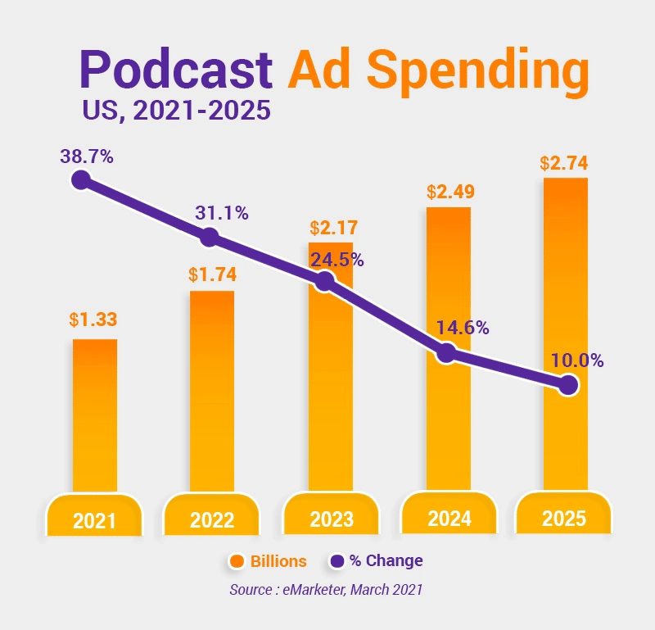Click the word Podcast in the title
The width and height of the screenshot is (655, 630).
[x=175, y=70]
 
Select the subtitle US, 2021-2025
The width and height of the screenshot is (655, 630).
[x=176, y=110]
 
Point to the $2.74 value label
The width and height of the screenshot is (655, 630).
[x=564, y=162]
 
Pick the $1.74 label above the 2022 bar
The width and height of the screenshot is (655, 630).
[x=211, y=274]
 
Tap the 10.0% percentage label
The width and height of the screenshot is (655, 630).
[x=576, y=360]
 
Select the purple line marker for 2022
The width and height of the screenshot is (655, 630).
[x=210, y=238]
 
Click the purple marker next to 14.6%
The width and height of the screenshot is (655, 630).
[x=446, y=354]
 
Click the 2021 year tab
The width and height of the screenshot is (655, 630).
[x=94, y=519]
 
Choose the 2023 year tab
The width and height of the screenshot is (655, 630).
[x=331, y=519]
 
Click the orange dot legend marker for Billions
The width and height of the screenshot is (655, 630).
[x=237, y=561]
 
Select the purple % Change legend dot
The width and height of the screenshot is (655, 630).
[x=337, y=561]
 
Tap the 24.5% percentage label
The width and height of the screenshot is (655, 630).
[x=337, y=261]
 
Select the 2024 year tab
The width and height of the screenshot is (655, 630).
[x=449, y=518]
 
